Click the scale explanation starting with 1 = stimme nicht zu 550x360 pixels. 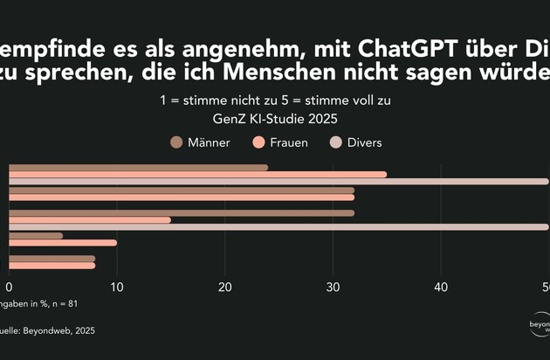[274, 100]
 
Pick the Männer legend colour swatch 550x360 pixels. [175, 142]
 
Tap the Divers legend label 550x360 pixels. [363, 142]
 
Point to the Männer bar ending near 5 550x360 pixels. [35, 235]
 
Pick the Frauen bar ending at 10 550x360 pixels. [62, 242]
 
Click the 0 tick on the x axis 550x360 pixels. [10, 287]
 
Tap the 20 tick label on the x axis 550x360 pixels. [225, 287]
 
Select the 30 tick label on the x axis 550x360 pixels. [333, 287]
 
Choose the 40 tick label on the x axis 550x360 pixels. [441, 287]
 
